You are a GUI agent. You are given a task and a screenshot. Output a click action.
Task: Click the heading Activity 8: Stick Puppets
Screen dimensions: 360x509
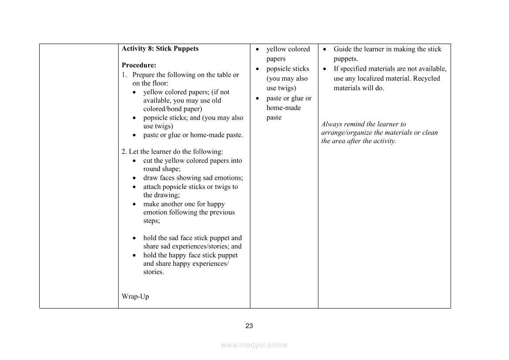click(x=160, y=49)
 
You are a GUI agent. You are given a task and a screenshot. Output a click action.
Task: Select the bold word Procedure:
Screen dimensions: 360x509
click(x=139, y=65)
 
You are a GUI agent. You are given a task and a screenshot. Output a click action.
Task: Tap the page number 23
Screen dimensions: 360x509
click(x=249, y=326)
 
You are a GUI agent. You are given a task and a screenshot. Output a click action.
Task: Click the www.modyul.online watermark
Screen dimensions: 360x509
click(x=254, y=345)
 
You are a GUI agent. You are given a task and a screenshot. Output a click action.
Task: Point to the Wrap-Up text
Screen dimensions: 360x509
click(x=135, y=297)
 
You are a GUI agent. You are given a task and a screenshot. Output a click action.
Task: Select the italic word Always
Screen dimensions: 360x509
click(x=331, y=124)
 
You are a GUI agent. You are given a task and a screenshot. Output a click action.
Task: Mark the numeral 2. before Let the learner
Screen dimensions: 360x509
click(x=124, y=152)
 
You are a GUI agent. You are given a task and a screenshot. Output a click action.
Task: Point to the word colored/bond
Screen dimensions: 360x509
click(x=166, y=109)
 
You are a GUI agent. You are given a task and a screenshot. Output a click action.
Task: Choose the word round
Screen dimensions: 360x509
click(x=152, y=169)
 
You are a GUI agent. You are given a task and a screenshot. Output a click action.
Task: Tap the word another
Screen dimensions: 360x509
click(x=174, y=204)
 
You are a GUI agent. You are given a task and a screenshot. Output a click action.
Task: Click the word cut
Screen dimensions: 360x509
click(x=148, y=161)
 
